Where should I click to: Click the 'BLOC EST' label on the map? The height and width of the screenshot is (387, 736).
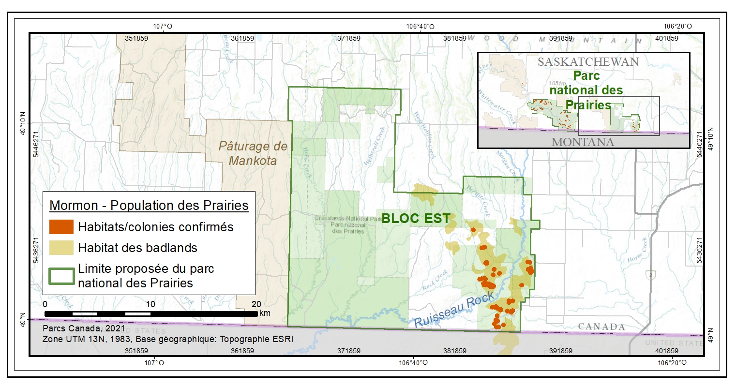click(x=416, y=219)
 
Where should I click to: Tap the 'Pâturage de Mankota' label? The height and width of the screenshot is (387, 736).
click(x=253, y=153)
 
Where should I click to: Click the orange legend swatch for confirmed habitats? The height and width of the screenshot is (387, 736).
click(x=61, y=227)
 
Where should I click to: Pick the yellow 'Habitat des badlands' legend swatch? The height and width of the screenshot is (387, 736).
click(x=61, y=248)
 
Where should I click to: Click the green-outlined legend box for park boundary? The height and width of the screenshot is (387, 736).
click(x=61, y=276)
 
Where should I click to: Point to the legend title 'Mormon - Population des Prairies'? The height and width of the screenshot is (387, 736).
click(x=149, y=205)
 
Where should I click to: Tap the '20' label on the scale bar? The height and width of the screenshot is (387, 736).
click(x=256, y=304)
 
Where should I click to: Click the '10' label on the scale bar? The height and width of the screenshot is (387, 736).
click(x=150, y=304)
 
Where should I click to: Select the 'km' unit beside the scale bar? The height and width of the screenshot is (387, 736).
click(x=265, y=313)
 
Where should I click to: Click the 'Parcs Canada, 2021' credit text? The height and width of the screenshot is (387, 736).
click(x=77, y=328)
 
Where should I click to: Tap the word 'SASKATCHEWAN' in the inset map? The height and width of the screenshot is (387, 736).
click(x=588, y=62)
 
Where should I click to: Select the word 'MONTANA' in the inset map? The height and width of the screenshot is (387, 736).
click(x=583, y=142)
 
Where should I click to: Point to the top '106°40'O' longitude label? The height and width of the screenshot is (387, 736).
click(x=420, y=27)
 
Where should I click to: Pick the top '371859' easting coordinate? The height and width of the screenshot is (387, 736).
click(x=348, y=38)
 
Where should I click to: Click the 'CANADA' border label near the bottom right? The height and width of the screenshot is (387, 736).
click(x=601, y=327)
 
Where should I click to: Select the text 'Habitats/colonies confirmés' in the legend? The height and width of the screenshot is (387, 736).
click(x=156, y=227)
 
